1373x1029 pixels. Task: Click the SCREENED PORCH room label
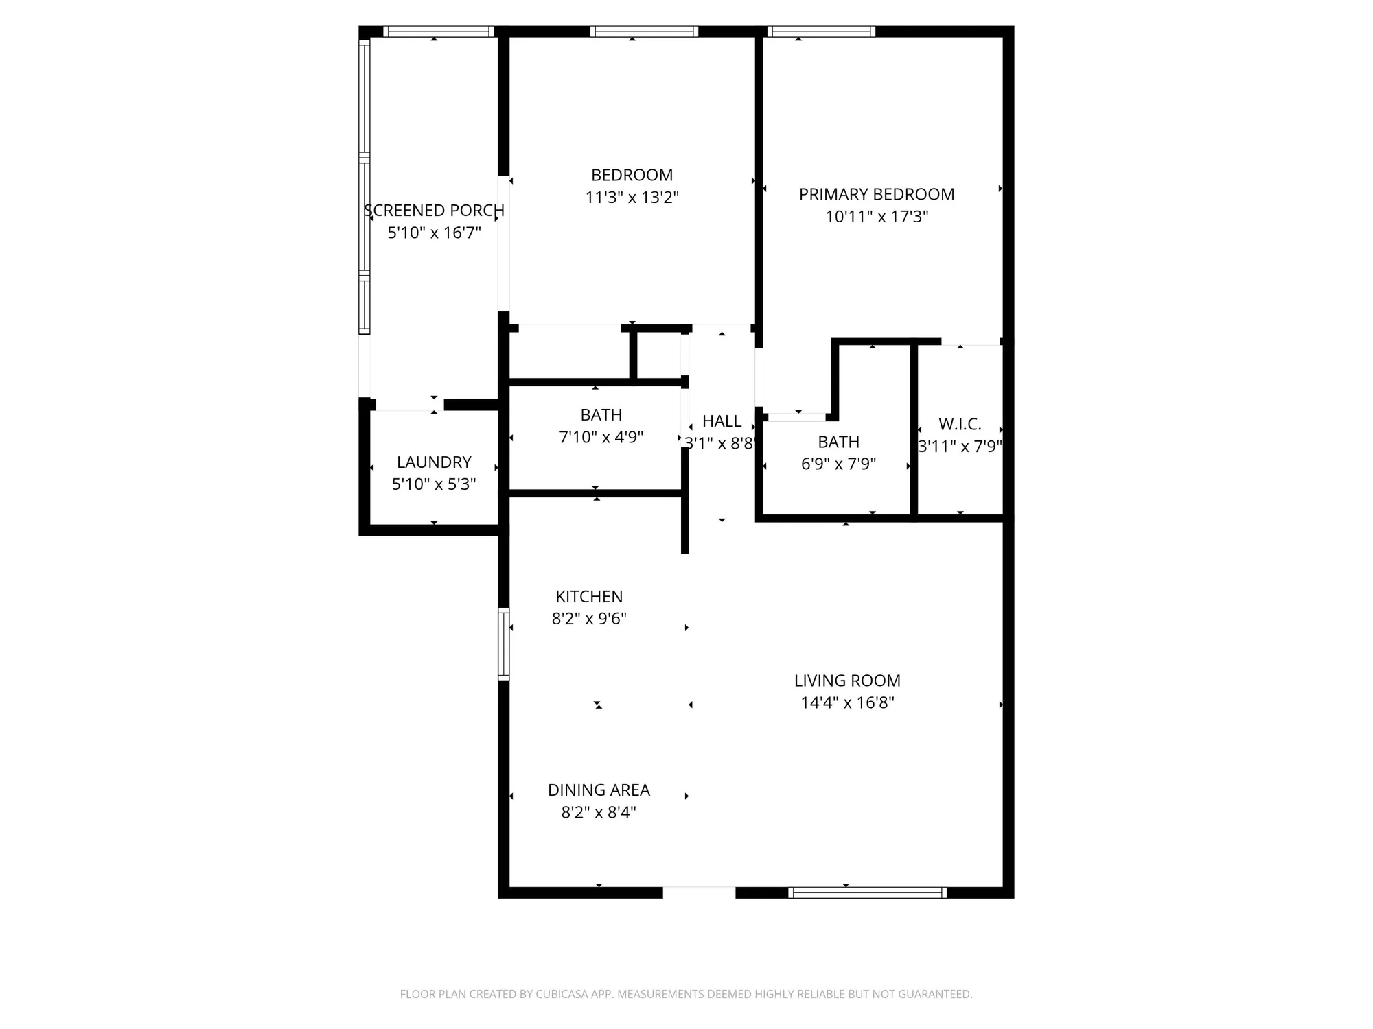pyautogui.click(x=434, y=211)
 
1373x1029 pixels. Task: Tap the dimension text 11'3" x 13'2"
pyautogui.click(x=632, y=198)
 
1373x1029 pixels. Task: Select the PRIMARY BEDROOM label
pyautogui.click(x=876, y=194)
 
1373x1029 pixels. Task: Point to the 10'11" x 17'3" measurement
pyautogui.click(x=876, y=217)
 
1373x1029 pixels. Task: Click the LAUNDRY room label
pyautogui.click(x=434, y=462)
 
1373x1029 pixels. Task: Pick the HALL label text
pyautogui.click(x=722, y=421)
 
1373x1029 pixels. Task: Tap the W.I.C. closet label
pyautogui.click(x=960, y=424)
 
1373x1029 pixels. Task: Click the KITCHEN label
pyautogui.click(x=589, y=597)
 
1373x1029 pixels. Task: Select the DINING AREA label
pyautogui.click(x=599, y=790)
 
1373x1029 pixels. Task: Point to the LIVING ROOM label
pyautogui.click(x=847, y=681)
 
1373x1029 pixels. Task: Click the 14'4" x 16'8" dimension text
pyautogui.click(x=847, y=702)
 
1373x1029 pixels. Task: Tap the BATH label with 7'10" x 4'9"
pyautogui.click(x=601, y=415)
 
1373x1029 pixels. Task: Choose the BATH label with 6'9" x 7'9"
pyautogui.click(x=838, y=442)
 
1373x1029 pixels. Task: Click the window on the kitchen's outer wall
pyautogui.click(x=503, y=643)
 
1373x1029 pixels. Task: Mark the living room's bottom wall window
pyautogui.click(x=867, y=892)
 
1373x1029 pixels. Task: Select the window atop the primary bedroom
pyautogui.click(x=820, y=32)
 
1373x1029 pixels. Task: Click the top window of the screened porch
pyautogui.click(x=438, y=32)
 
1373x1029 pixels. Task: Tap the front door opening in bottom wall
pyautogui.click(x=699, y=892)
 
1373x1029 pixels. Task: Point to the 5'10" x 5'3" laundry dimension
pyautogui.click(x=434, y=484)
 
